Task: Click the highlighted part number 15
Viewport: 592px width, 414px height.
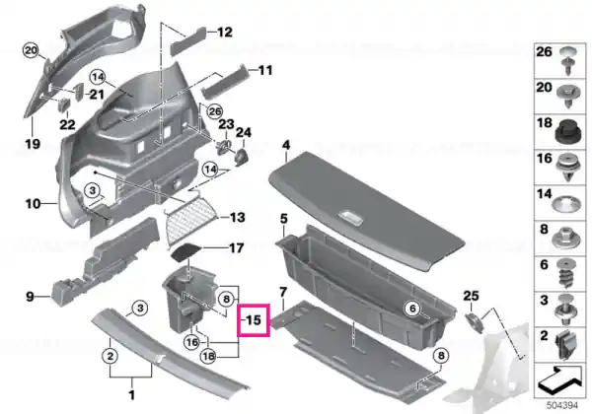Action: [254, 320]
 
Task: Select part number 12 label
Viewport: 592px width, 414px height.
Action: [225, 33]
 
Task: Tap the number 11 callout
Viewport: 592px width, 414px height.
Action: [265, 70]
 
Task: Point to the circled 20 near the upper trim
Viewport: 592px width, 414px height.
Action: [31, 50]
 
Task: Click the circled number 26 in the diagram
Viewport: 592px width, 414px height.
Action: [214, 111]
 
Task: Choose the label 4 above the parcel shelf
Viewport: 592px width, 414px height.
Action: [286, 145]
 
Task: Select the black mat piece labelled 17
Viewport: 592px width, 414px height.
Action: [186, 252]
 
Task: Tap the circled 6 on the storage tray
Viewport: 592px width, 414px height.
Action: [412, 309]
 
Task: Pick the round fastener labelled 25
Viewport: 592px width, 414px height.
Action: [475, 322]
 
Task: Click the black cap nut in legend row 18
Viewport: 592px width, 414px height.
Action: [569, 132]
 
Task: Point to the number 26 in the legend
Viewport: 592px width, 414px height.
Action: [544, 51]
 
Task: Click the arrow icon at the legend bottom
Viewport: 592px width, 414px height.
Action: [558, 379]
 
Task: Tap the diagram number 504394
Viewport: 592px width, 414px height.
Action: [562, 405]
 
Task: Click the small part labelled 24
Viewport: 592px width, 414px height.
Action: [242, 155]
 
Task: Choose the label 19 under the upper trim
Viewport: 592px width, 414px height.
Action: [33, 144]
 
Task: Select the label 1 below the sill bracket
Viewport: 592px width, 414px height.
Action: [132, 395]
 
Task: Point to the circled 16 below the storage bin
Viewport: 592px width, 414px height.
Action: [191, 342]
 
